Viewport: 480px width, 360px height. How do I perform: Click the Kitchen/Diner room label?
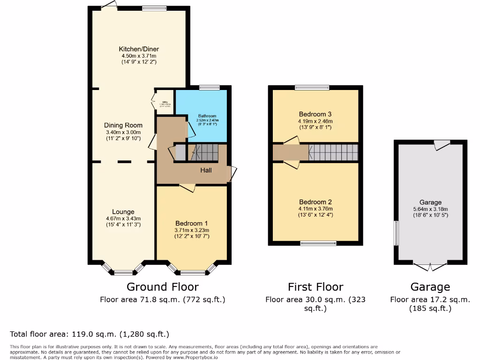(139, 49)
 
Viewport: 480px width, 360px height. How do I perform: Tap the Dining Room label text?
(123, 125)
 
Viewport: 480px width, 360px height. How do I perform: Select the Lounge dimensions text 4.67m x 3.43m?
(123, 218)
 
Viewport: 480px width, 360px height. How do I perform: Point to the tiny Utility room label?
(165, 103)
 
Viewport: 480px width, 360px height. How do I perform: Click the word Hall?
(206, 170)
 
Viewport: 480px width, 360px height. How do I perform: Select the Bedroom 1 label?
(192, 223)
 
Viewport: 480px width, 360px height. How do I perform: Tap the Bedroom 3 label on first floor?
(315, 114)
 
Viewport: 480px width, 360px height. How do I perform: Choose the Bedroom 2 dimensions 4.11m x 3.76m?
(315, 209)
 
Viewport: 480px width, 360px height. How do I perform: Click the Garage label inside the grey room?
(430, 202)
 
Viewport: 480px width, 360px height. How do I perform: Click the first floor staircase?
(333, 152)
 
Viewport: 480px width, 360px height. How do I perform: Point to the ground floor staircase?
(205, 152)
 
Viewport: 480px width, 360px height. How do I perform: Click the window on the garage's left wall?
(396, 233)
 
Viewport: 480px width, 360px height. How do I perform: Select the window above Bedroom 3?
(312, 87)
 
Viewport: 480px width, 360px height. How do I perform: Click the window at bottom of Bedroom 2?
(318, 243)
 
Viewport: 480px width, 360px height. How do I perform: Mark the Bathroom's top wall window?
(209, 87)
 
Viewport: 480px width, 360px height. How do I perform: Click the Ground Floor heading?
(163, 286)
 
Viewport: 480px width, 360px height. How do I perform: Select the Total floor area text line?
(90, 334)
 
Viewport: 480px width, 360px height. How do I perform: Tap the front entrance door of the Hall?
(231, 174)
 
